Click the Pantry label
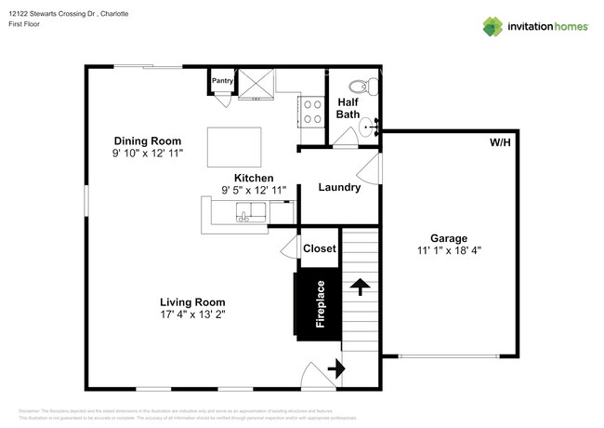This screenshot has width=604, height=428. (x=223, y=81)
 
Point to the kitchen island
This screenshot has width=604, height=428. (x=235, y=144)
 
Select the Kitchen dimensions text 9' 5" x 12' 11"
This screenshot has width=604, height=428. (x=254, y=191)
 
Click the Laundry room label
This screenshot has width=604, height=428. (x=339, y=188)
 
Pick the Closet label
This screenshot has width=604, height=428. (x=319, y=248)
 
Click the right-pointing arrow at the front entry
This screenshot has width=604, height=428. (x=335, y=369)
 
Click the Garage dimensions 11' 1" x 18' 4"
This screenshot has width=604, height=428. (x=448, y=249)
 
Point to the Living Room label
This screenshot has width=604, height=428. (x=192, y=301)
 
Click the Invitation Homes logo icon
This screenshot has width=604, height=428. (x=493, y=25)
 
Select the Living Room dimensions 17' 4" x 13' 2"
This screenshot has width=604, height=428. (x=192, y=314)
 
